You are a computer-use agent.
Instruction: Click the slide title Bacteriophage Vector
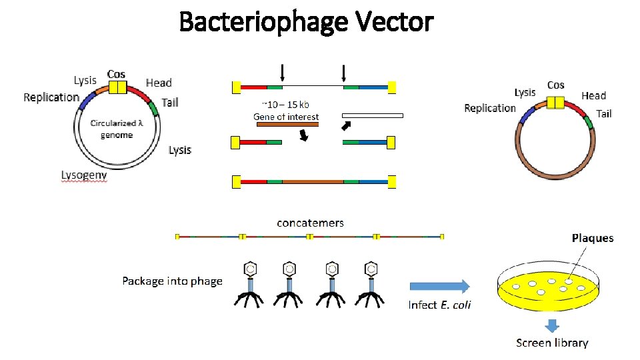click(306, 22)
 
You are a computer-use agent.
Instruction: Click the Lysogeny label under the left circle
click(84, 175)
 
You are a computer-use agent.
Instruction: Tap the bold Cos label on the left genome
click(116, 74)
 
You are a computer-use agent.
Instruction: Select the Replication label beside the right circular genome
click(490, 108)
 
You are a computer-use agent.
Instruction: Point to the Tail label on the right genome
click(603, 113)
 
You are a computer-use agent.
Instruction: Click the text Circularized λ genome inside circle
click(117, 129)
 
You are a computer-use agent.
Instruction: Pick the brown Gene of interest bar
click(287, 124)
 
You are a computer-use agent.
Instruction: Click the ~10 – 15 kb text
click(286, 104)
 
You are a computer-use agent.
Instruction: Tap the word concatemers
click(310, 223)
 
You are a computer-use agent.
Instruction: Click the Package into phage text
click(172, 281)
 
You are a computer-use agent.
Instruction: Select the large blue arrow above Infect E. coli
click(439, 286)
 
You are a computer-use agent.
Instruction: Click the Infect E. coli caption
click(439, 305)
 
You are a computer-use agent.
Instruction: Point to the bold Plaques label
click(592, 238)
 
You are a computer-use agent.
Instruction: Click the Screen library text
click(552, 343)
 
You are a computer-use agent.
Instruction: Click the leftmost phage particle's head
click(250, 269)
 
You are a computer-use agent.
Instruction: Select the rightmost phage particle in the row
click(371, 285)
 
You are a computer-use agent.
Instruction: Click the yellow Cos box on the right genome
click(555, 102)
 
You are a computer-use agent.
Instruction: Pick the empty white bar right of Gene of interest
click(373, 115)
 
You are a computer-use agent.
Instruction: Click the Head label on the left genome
click(159, 83)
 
